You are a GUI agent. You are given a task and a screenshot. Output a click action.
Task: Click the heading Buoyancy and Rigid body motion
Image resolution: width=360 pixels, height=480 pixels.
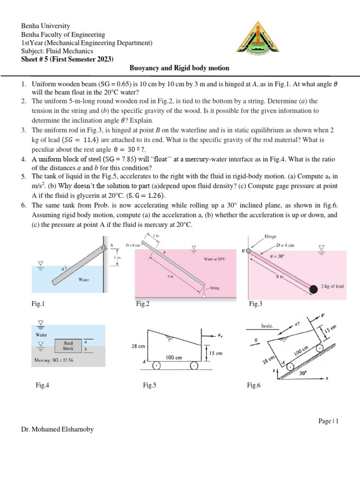click(180, 68)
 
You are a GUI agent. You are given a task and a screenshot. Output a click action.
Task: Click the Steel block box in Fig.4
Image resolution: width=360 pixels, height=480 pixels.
click(68, 345)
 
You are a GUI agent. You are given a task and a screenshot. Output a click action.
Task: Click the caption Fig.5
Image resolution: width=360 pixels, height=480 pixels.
click(150, 385)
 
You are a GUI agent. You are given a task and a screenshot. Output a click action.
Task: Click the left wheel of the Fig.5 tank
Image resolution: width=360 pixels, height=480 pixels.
click(157, 366)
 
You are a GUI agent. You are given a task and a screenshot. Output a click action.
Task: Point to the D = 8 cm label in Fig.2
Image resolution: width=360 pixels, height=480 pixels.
click(133, 245)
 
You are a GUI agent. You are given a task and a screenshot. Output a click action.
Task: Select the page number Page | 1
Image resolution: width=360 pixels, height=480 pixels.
click(328, 421)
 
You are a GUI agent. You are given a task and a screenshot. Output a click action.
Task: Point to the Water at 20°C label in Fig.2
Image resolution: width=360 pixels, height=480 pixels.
click(215, 259)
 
